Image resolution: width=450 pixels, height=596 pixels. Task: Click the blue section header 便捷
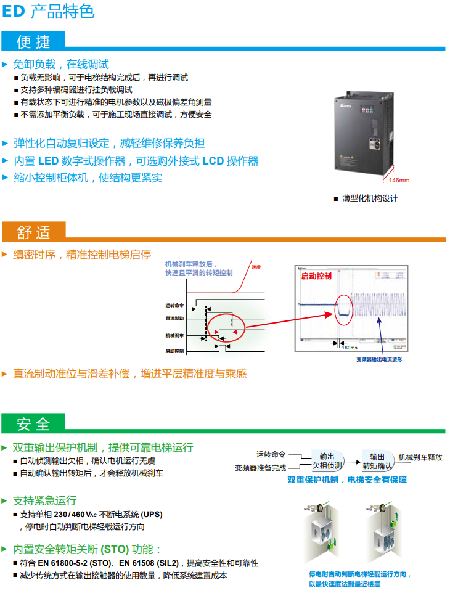point(34,41)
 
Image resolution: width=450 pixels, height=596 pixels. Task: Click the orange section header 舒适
point(34,232)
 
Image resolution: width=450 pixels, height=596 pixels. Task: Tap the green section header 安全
point(34,424)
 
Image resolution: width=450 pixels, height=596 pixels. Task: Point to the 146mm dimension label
point(397,181)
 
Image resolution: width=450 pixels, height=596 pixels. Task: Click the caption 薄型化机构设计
point(370,198)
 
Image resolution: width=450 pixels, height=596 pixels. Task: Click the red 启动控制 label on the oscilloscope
point(316,276)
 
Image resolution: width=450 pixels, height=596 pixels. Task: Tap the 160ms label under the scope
point(350,346)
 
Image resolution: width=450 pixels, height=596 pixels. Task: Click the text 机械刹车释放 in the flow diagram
point(420,457)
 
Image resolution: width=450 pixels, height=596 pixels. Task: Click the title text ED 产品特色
point(49,11)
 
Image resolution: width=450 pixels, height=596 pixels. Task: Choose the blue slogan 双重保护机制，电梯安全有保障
point(347,480)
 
